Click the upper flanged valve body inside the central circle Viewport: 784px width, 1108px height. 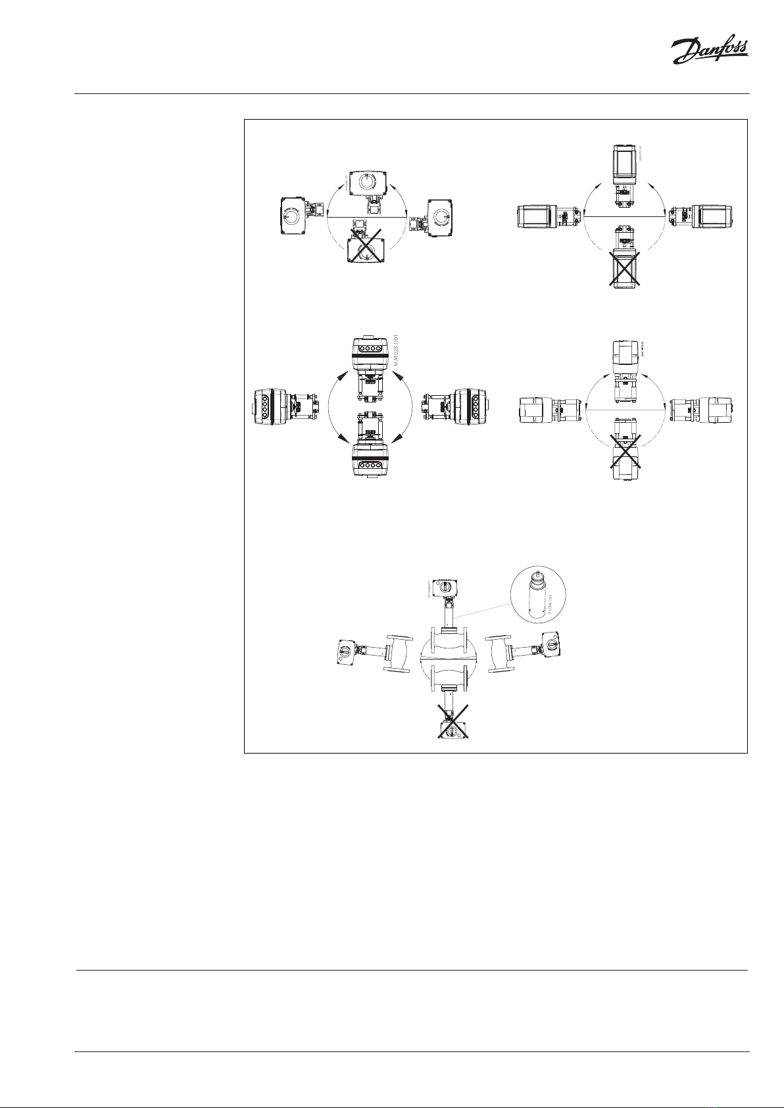point(447,643)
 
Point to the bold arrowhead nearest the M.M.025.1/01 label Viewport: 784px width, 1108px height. point(397,377)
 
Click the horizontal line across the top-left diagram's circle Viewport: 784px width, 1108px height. point(368,217)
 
